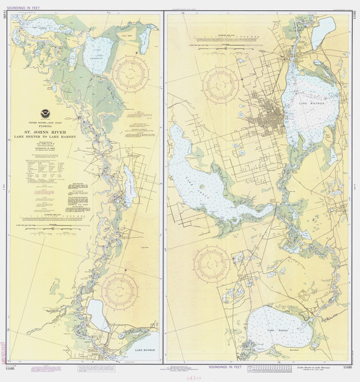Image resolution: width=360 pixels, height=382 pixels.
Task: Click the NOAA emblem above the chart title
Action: click(x=45, y=114)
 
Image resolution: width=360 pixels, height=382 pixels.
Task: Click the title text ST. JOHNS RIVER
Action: click(x=45, y=135)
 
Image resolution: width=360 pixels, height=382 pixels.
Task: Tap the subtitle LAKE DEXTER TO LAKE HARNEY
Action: click(x=45, y=141)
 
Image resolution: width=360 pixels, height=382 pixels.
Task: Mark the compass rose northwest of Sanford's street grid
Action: click(x=221, y=85)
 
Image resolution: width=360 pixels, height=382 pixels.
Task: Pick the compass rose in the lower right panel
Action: click(x=212, y=264)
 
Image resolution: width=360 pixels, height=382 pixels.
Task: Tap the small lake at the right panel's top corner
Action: click(x=323, y=29)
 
